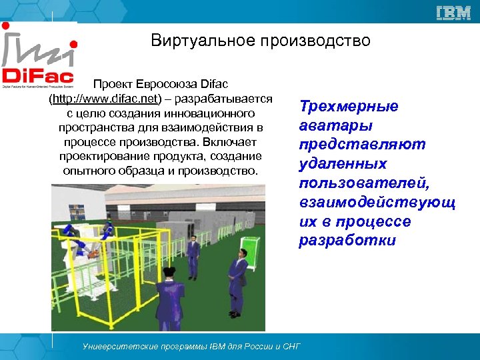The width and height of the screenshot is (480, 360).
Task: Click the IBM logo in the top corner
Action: point(453,13)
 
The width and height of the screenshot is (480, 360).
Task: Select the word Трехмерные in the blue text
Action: point(349,107)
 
